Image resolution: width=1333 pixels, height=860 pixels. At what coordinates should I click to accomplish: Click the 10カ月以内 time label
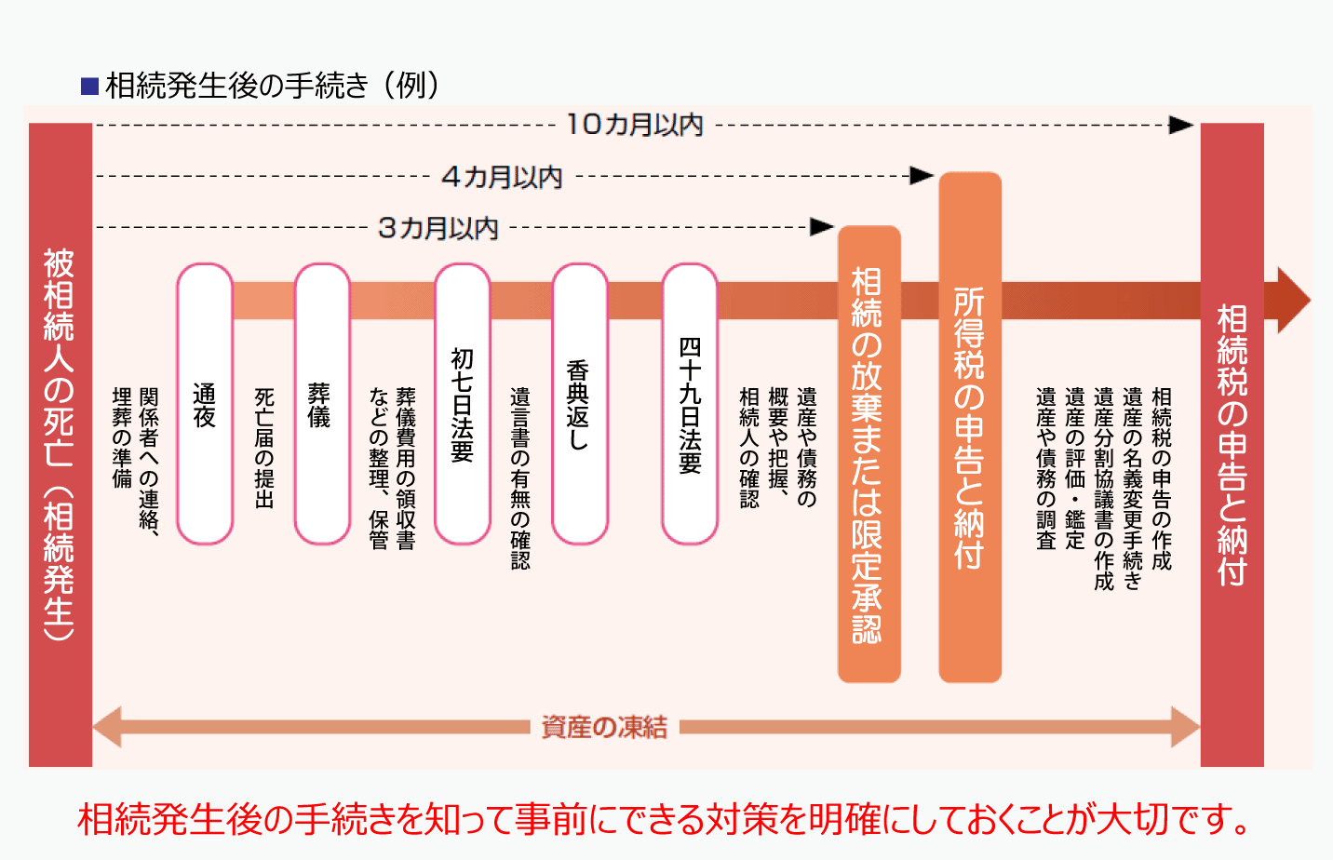coord(635,125)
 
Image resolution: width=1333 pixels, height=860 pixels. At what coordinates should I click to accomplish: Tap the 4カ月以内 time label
coord(502,177)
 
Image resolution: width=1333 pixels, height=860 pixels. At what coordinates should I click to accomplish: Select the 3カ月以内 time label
coord(438,228)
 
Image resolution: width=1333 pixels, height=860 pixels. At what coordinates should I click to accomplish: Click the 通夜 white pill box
coord(205,404)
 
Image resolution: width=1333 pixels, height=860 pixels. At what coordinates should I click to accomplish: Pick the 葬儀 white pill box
coord(321,404)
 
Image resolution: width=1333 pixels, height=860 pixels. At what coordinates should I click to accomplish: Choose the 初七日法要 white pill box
coord(463,404)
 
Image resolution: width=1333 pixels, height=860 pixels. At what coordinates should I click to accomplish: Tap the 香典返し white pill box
coord(579,404)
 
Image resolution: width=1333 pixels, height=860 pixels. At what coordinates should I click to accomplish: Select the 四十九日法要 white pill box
coord(690,404)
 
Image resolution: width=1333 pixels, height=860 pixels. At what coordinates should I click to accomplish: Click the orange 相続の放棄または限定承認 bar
coord(868,454)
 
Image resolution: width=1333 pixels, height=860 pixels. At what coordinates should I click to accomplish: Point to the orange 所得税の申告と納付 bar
coord(970,427)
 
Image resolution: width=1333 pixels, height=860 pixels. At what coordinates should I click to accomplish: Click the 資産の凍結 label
coord(604,727)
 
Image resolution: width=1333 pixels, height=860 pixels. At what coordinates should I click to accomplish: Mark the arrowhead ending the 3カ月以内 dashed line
coord(822,227)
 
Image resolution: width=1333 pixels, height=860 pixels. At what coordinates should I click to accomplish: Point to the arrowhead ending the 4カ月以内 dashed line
coord(922,175)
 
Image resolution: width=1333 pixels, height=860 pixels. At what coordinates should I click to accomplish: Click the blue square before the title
coord(90,87)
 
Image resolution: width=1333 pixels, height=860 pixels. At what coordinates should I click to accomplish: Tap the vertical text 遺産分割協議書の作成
coord(1104,489)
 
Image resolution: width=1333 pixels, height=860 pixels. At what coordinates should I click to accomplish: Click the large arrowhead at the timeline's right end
coord(1293,300)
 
